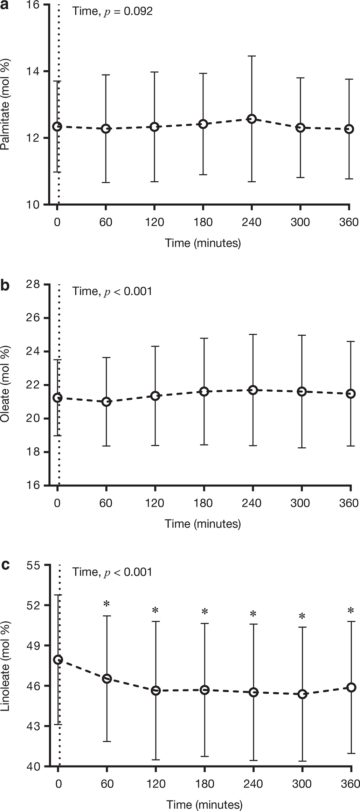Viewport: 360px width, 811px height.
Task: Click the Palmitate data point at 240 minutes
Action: point(251,119)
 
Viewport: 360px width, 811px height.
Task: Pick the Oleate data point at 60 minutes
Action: point(106,401)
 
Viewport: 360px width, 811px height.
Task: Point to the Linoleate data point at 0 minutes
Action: point(58,660)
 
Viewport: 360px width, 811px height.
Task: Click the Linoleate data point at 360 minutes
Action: point(351,687)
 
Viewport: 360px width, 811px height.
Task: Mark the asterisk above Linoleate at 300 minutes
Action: point(302,616)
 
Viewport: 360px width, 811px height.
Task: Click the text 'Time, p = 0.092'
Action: point(112,11)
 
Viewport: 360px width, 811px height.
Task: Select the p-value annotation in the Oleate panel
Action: point(112,291)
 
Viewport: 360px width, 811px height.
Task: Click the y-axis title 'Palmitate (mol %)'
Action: point(6,105)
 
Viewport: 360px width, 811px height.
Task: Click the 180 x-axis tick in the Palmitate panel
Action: point(203,222)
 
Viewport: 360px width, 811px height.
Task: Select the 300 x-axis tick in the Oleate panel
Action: point(300,503)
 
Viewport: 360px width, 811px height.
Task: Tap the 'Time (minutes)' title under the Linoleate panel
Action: point(204,804)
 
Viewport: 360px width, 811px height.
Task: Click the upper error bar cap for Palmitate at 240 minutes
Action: point(251,56)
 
